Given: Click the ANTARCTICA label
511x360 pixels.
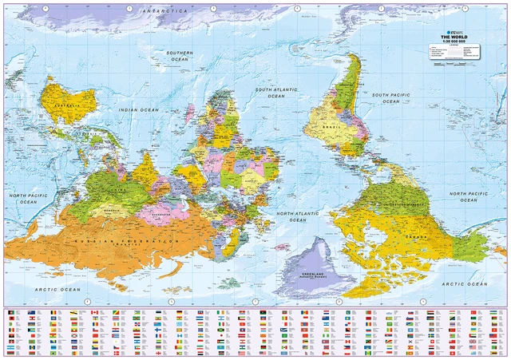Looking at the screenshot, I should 163,11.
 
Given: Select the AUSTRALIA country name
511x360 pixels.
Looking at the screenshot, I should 64,105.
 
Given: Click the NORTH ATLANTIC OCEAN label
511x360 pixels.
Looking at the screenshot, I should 297,216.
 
